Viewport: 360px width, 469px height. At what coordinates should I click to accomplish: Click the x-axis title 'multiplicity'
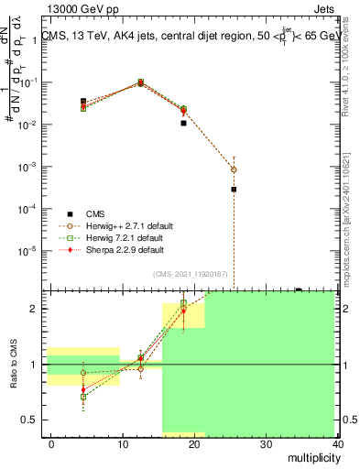pyautogui.click(x=311, y=456)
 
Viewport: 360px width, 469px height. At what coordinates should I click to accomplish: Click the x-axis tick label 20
pyautogui.click(x=194, y=442)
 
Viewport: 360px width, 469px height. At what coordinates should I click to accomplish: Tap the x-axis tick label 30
pyautogui.click(x=267, y=442)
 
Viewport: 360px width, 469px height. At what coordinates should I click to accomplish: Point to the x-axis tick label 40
pyautogui.click(x=338, y=442)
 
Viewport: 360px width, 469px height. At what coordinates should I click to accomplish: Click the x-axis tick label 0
pyautogui.click(x=51, y=442)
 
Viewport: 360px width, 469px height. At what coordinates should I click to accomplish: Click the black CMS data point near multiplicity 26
pyautogui.click(x=234, y=190)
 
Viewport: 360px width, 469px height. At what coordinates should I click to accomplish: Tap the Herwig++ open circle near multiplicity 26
pyautogui.click(x=234, y=169)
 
